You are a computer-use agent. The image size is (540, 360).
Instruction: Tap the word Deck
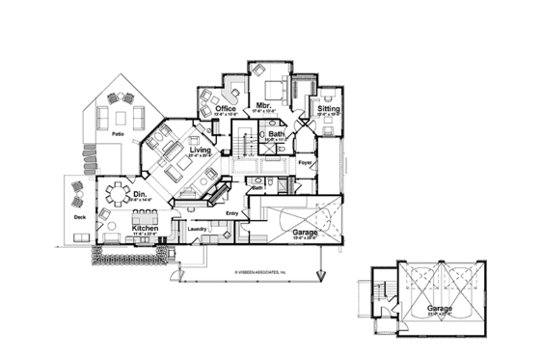tap(80, 218)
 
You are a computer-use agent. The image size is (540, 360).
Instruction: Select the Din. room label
tap(140, 195)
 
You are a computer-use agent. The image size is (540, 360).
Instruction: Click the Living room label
tap(201, 151)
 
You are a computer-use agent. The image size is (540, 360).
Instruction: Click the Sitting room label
tap(328, 109)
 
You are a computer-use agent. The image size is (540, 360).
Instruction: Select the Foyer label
tap(306, 163)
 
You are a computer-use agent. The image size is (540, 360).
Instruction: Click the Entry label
tap(231, 213)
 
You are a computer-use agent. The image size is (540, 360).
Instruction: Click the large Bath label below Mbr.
tap(276, 134)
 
